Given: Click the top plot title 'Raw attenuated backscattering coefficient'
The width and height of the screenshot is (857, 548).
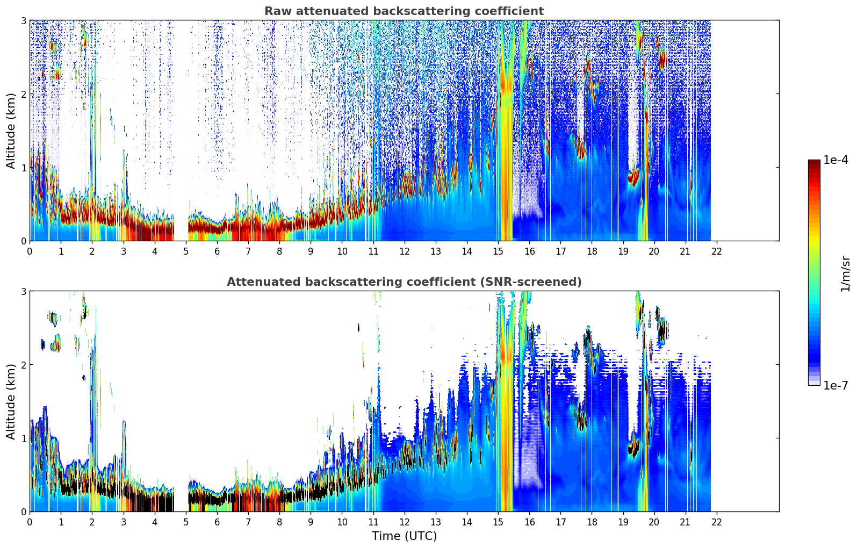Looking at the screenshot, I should (404, 11).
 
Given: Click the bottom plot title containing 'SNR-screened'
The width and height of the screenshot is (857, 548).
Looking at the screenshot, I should (404, 282).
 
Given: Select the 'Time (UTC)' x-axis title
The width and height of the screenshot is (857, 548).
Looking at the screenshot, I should (404, 536).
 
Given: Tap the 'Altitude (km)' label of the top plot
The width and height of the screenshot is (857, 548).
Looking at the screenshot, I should (11, 131).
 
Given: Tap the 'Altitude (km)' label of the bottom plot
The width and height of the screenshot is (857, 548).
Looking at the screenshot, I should (11, 401).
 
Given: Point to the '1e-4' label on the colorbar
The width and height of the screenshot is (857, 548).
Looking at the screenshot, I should (836, 160).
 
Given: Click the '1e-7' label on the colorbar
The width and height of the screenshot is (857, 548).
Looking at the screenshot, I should (836, 385).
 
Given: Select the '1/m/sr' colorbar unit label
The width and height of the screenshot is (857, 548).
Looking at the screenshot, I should (845, 273).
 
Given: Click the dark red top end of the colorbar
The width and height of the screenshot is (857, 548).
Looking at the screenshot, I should (814, 162).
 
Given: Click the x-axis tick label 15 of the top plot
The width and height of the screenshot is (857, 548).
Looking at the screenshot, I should (498, 251).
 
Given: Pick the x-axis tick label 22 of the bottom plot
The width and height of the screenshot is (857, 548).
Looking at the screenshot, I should (717, 522).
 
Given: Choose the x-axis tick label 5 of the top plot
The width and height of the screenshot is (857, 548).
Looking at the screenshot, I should (186, 251).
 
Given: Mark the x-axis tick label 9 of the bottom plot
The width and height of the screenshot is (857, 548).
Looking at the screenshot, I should (311, 522).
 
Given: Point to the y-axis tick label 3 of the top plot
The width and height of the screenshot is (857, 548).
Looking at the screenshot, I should (23, 20).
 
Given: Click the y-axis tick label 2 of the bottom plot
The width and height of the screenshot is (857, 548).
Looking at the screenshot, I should (23, 365).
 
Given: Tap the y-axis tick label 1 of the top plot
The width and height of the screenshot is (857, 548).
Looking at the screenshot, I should (23, 168).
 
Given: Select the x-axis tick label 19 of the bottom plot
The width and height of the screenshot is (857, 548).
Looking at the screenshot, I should (623, 522).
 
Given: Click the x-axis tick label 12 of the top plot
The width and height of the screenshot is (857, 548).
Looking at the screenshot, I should (405, 251).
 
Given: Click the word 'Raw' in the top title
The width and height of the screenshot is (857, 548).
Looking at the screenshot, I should (276, 11).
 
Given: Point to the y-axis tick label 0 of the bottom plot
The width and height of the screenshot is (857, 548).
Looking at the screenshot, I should (23, 511).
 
